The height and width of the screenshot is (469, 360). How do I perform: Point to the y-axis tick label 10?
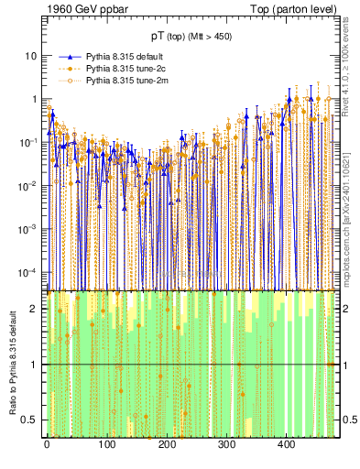coord(31,56)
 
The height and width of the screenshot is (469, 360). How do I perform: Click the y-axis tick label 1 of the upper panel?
coord(35,99)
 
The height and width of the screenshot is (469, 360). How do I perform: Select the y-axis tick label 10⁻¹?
coord(29,142)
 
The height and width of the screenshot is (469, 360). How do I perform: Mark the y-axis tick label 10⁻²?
coord(29,185)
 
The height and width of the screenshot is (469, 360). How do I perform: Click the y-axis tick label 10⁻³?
coord(29,228)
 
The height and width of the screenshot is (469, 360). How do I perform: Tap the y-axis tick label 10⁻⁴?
coord(29,272)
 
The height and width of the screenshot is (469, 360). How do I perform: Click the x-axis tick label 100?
coord(106,445)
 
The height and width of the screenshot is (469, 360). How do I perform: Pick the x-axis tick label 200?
coord(167,445)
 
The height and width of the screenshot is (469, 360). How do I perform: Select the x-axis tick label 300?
coord(226,445)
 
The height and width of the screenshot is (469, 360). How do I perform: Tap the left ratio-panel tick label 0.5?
coord(30,420)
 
